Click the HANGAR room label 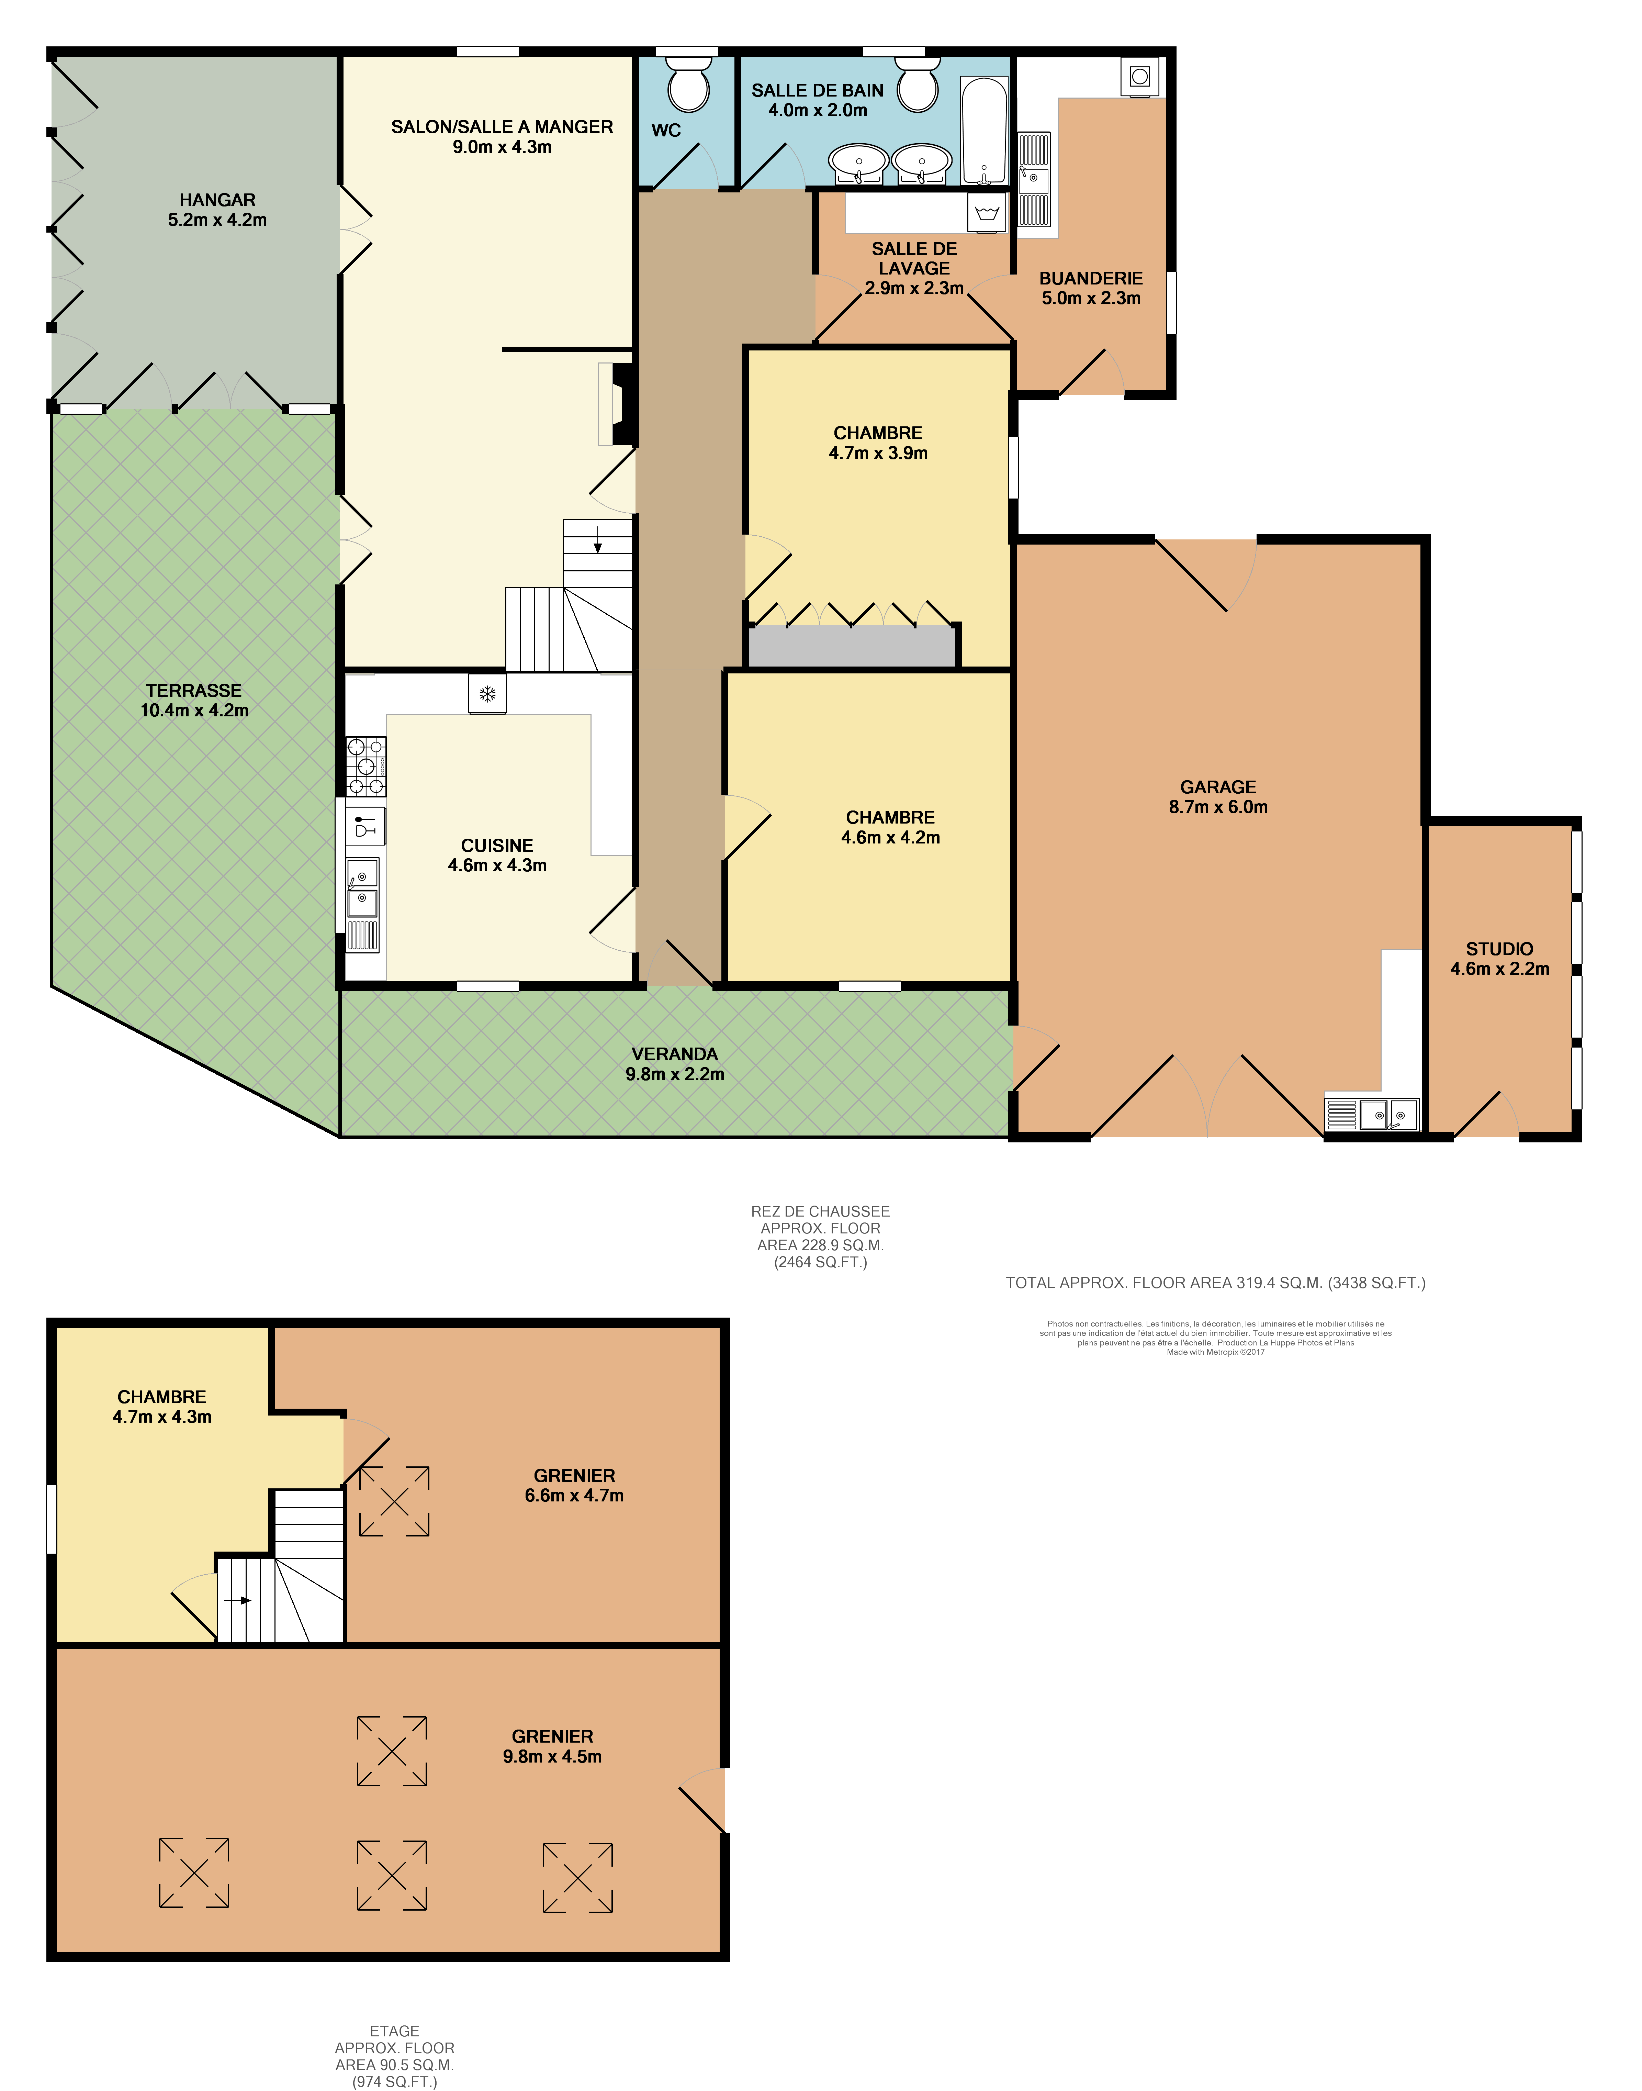coord(217,200)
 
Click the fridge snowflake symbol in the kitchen coord(487,693)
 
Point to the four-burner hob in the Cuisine coord(366,766)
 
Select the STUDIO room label coord(1499,949)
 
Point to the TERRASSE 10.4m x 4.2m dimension coord(194,711)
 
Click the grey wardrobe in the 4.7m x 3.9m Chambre coord(852,646)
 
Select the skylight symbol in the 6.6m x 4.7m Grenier coord(394,1501)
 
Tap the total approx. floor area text coord(1215,1283)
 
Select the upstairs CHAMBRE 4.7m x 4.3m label coord(161,1407)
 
